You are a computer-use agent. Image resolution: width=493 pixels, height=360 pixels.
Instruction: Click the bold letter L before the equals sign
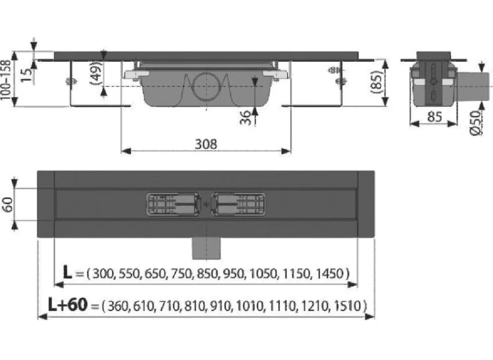point(70,274)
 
